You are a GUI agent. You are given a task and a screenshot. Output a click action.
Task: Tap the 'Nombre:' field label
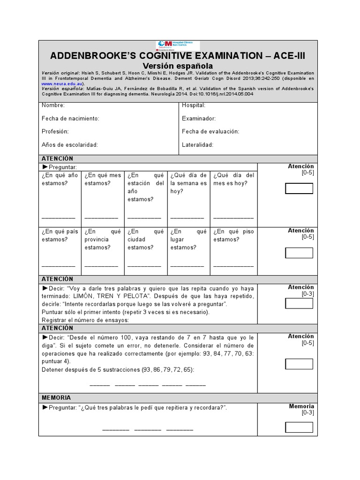(53, 105)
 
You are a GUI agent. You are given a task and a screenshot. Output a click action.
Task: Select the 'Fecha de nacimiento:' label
(70, 119)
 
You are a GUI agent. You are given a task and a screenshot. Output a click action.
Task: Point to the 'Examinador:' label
(199, 119)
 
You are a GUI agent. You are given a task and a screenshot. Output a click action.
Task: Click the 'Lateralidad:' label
(197, 145)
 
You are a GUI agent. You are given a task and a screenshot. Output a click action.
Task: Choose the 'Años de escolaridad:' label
(69, 145)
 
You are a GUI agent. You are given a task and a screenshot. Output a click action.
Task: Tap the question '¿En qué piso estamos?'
(233, 235)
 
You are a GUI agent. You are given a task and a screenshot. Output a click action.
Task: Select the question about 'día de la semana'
(188, 183)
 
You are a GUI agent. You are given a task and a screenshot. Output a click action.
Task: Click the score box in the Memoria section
(299, 427)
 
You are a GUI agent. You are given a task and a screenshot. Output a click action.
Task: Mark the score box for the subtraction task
(299, 364)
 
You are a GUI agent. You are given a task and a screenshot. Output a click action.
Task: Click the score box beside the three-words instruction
(299, 303)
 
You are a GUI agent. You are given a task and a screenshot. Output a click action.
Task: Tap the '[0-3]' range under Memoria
(307, 413)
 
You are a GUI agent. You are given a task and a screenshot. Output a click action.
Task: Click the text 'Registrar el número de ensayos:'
(85, 320)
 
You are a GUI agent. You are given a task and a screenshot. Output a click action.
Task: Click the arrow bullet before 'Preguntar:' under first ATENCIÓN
(45, 167)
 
